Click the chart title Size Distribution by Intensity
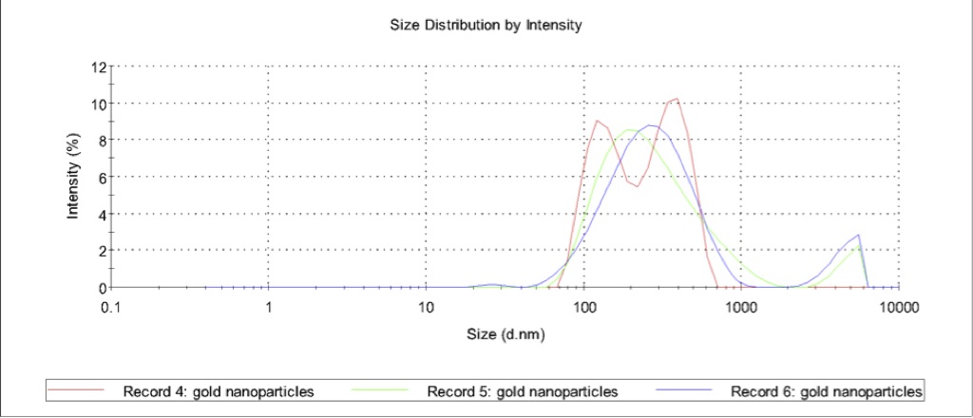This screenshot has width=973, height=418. [x=486, y=26]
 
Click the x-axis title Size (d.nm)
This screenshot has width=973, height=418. [x=506, y=333]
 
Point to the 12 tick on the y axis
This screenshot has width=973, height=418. [x=99, y=66]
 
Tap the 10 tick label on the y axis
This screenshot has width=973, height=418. [x=99, y=104]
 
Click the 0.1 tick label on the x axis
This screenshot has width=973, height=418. [x=112, y=307]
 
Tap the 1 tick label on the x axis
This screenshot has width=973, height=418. [x=269, y=307]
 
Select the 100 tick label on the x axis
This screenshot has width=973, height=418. [x=583, y=307]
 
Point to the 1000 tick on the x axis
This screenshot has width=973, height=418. [x=741, y=307]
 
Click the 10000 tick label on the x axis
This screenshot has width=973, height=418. [x=898, y=307]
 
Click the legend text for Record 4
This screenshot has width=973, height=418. [x=218, y=391]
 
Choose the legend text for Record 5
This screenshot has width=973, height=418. [x=523, y=391]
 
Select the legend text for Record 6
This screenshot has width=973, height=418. [x=827, y=391]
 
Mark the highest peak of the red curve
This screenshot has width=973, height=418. [x=676, y=99]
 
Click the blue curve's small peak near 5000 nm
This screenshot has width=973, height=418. [x=858, y=235]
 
